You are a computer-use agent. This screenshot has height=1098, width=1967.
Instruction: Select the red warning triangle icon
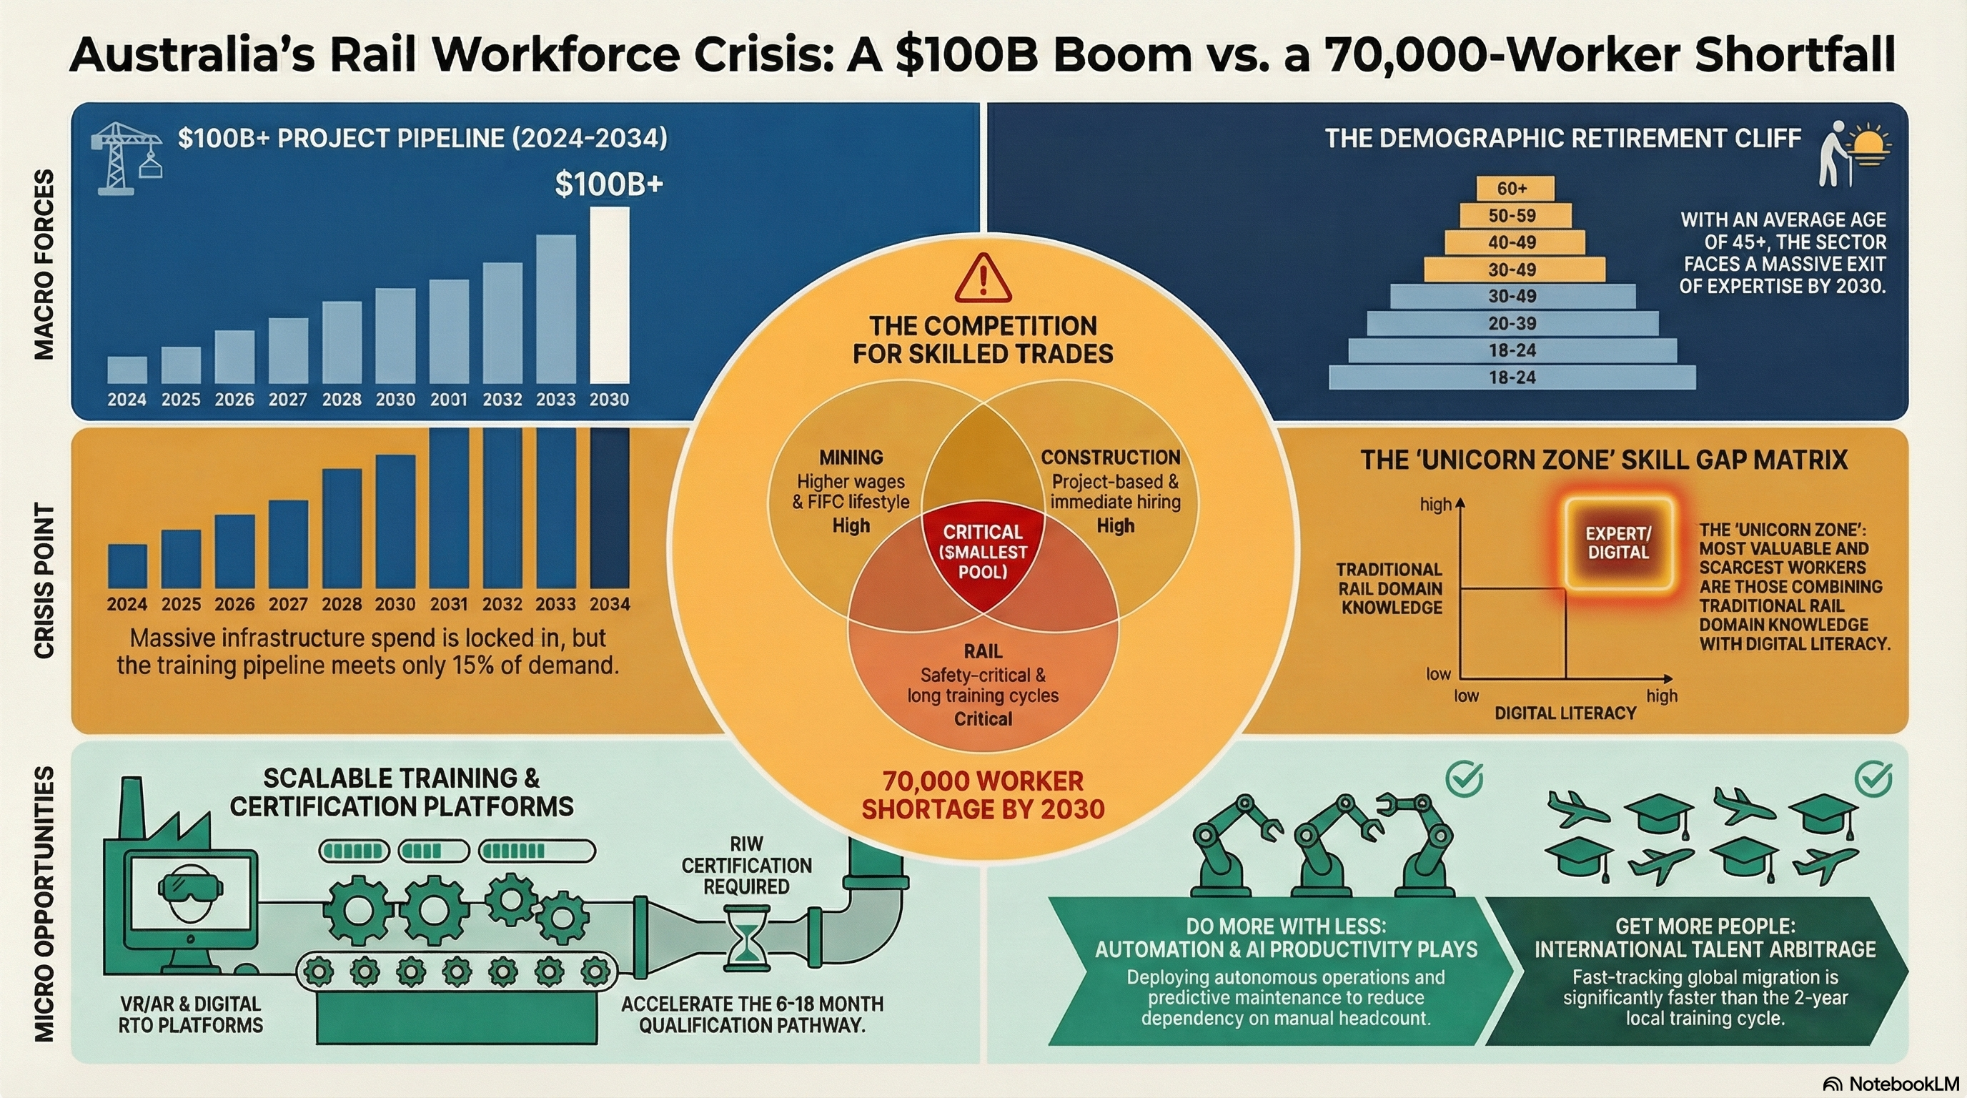[x=983, y=280]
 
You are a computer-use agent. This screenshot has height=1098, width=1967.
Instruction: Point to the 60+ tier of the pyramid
[x=1512, y=189]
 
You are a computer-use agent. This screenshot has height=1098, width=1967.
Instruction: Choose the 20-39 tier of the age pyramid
[x=1512, y=323]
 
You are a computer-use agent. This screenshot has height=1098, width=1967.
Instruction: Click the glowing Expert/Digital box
[x=1618, y=543]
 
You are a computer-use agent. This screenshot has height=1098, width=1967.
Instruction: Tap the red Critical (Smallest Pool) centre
[x=983, y=551]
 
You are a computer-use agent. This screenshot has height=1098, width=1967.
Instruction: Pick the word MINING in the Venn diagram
[x=851, y=457]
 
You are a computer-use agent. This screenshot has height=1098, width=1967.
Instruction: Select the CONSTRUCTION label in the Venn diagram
[x=1110, y=457]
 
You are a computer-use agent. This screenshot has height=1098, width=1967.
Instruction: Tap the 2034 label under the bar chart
[x=610, y=604]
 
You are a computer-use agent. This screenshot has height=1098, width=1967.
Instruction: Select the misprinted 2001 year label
[x=448, y=400]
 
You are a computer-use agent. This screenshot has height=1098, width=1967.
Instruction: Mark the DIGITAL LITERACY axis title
[x=1565, y=713]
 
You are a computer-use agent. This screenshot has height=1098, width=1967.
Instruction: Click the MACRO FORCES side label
[x=44, y=264]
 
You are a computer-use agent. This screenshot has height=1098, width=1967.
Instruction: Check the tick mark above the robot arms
[x=1464, y=780]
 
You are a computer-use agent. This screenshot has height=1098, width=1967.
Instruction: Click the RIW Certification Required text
[x=746, y=865]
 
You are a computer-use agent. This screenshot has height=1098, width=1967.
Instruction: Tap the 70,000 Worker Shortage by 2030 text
[x=983, y=795]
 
